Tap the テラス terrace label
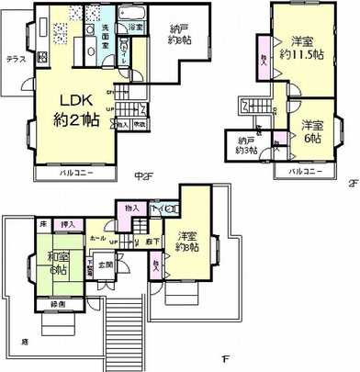tap(16, 57)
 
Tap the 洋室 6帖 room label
tap(313, 132)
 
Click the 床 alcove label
tap(42, 223)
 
